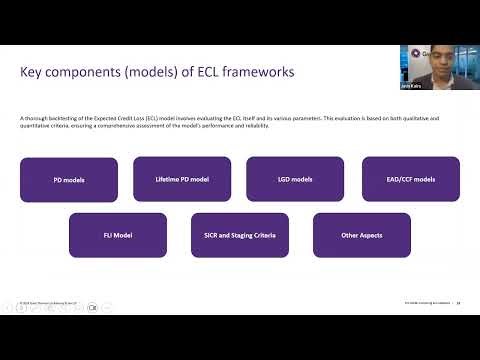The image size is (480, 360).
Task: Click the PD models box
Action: click(x=69, y=179)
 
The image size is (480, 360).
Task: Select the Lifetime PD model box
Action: click(x=181, y=179)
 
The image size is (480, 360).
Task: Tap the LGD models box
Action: click(x=295, y=179)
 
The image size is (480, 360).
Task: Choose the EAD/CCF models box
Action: click(x=411, y=179)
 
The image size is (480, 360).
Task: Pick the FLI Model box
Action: click(x=118, y=234)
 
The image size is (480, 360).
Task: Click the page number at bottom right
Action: click(x=456, y=299)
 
